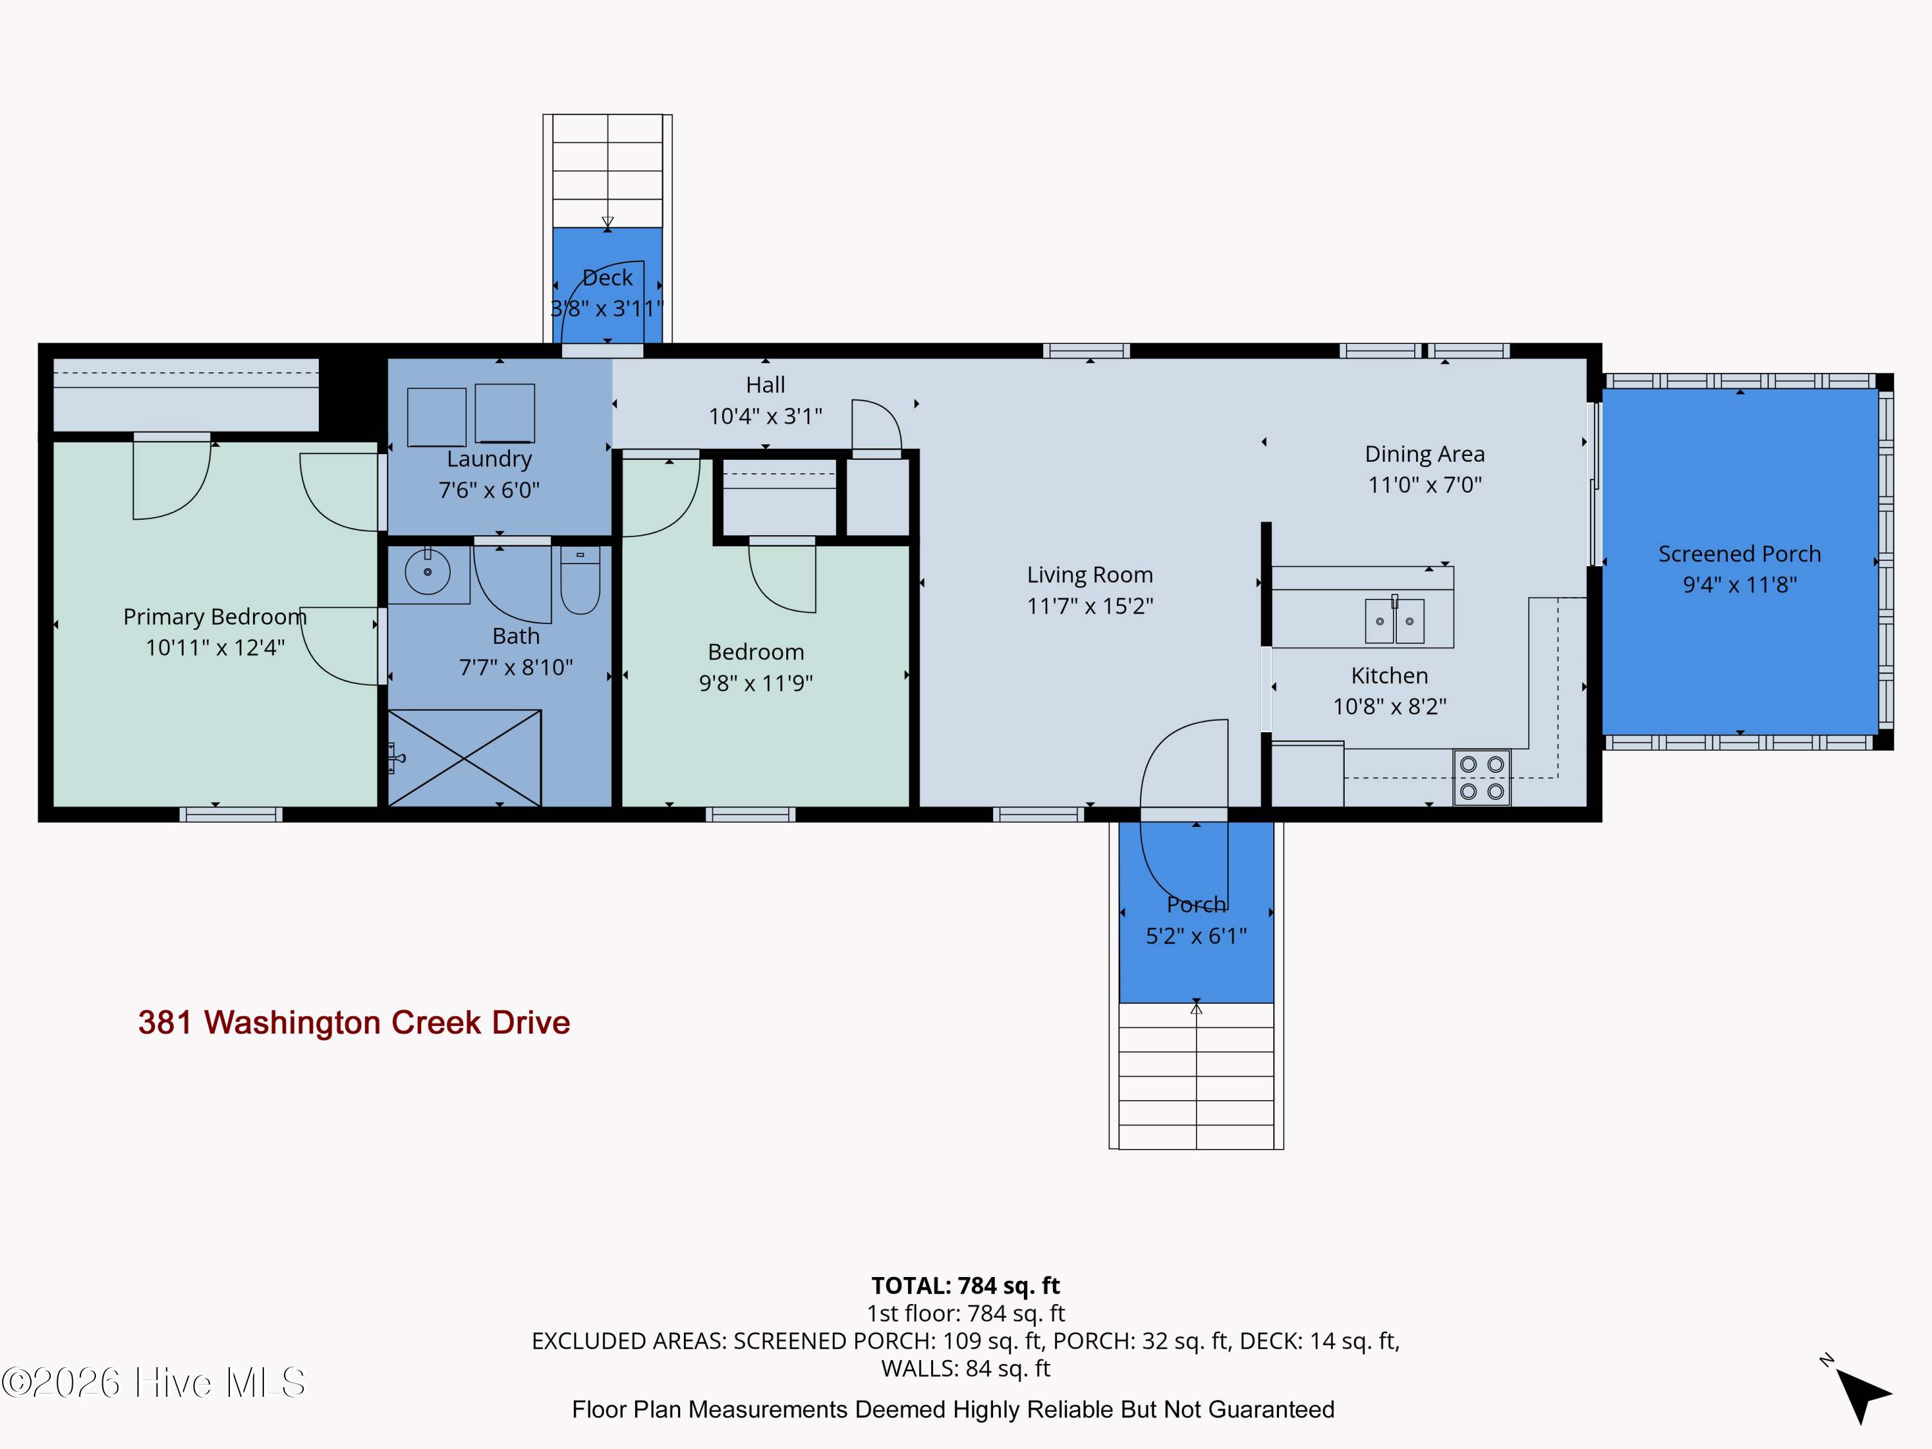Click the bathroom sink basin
(427, 572)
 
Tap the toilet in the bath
(580, 580)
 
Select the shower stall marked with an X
(464, 758)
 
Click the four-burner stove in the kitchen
(1481, 777)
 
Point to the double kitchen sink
(1395, 620)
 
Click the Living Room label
(1090, 574)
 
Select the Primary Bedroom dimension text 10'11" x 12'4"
(215, 647)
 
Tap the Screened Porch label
(1740, 554)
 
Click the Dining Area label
(1425, 454)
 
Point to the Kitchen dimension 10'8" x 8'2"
(1390, 706)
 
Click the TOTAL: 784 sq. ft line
(965, 1285)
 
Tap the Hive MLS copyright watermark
(154, 1383)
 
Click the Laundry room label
(489, 459)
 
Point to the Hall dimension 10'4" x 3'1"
(765, 416)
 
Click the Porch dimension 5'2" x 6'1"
(1197, 936)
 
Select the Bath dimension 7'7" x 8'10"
(516, 667)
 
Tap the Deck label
(607, 278)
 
